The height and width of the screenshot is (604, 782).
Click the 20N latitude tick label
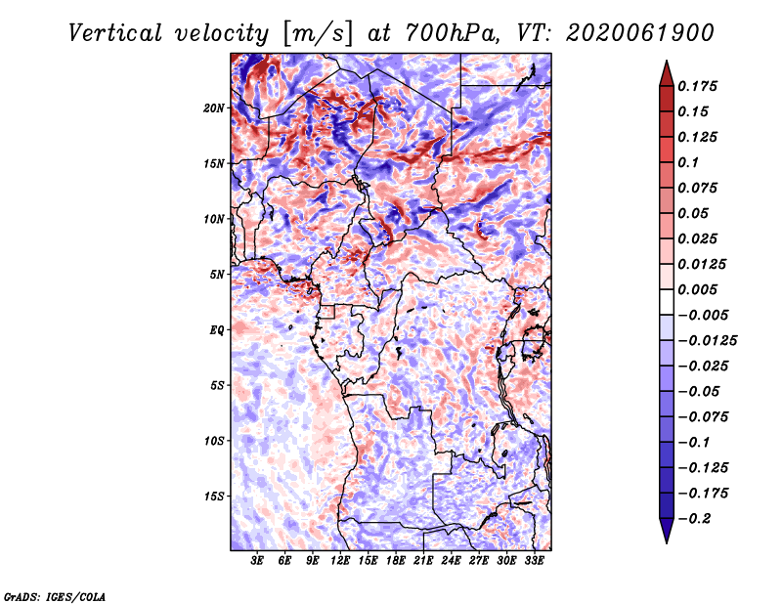point(214,108)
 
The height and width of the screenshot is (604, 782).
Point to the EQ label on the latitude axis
point(217,330)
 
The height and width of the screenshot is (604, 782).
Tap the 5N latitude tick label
point(217,275)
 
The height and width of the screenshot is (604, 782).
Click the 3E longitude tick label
point(257,561)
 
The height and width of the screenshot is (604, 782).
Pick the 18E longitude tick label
point(396,561)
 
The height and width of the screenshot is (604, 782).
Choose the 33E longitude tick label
point(534,561)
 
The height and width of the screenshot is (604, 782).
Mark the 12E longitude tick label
point(340,561)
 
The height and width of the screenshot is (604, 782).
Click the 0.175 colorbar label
point(697,86)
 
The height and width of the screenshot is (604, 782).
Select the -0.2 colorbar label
point(694,519)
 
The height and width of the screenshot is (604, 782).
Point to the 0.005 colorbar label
point(697,289)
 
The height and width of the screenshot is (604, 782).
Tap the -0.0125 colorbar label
point(707,341)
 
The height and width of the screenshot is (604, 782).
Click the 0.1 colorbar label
point(688,162)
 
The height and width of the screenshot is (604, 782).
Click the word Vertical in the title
point(115,33)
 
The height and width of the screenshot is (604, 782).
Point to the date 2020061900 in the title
point(640,33)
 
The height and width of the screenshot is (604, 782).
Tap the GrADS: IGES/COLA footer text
point(55,597)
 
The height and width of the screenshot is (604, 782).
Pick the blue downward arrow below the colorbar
point(667,530)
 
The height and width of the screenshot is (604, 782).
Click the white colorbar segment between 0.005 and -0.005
point(667,302)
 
